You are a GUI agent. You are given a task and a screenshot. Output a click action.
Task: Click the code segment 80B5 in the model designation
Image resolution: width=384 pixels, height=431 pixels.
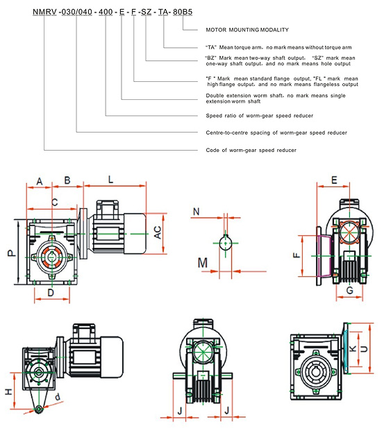pos(183,12)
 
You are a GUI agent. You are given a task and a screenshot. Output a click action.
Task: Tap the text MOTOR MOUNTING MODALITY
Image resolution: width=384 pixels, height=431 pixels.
pos(247,30)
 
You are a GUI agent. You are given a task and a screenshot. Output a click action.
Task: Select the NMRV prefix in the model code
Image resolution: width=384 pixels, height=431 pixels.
pos(44,12)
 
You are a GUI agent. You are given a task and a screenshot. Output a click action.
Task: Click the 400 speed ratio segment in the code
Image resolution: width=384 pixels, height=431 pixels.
pos(106,12)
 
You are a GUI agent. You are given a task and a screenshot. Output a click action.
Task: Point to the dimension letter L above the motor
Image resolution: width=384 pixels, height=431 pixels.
pos(110,180)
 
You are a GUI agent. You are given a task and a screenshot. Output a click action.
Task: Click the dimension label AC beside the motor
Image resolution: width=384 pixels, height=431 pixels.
pos(158,233)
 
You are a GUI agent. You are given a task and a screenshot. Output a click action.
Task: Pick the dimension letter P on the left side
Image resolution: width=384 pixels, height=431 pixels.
pos(12,253)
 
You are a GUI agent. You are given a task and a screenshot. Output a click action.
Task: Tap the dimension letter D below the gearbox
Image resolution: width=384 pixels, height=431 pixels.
pos(51,293)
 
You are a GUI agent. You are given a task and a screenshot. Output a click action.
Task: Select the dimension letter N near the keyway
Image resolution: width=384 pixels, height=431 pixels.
pos(196,212)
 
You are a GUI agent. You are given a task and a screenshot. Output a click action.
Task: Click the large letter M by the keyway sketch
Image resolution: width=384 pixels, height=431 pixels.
pos(203,263)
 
